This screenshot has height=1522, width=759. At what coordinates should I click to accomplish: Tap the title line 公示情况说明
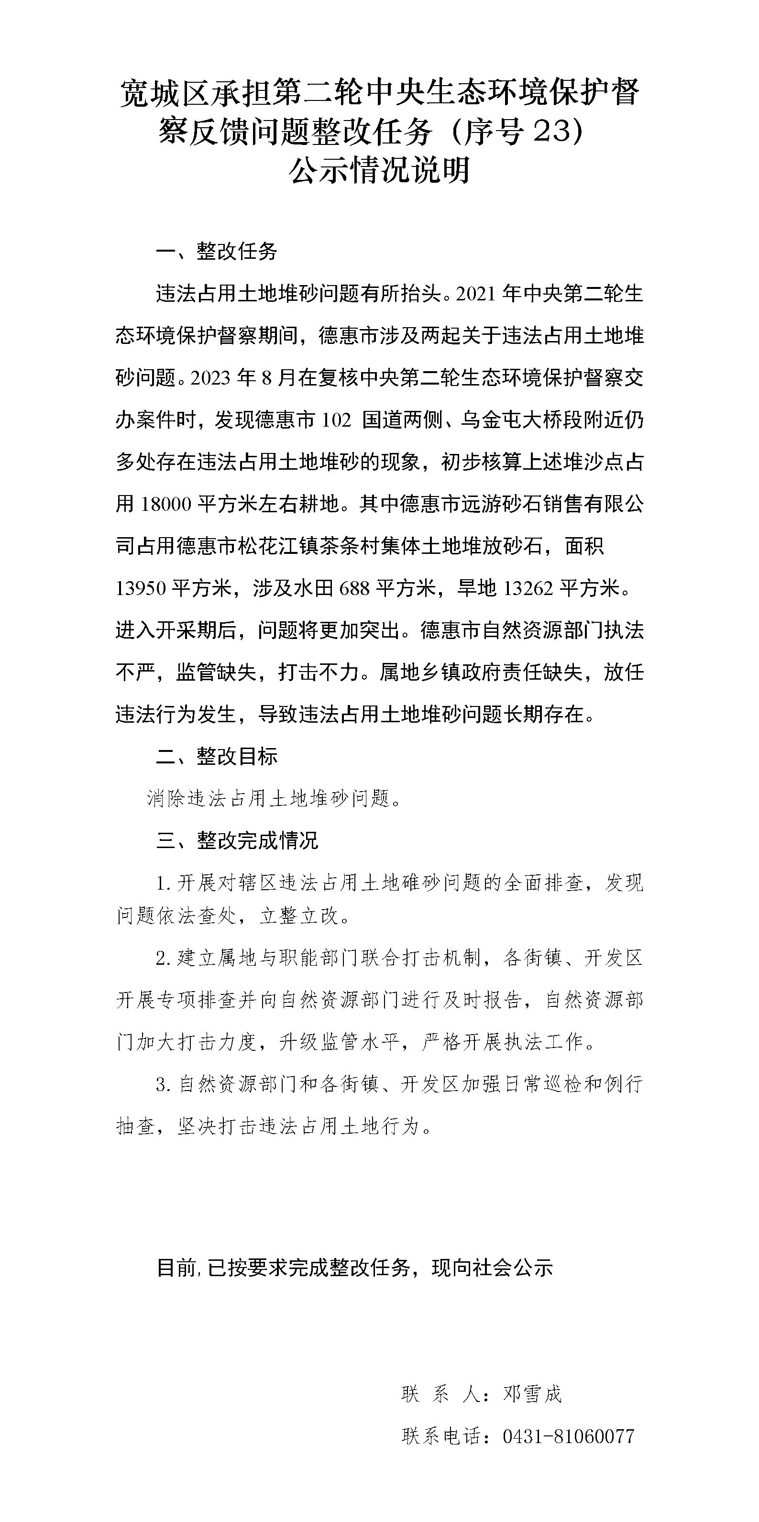point(379,171)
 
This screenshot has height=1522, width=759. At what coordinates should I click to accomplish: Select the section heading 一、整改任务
point(216,252)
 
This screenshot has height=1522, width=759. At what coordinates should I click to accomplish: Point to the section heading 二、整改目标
point(216,756)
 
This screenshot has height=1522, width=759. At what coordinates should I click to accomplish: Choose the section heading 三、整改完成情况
point(237,840)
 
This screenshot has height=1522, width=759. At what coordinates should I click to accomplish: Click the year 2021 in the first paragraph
point(475,294)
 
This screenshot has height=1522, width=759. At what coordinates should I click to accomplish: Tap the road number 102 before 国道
point(337,420)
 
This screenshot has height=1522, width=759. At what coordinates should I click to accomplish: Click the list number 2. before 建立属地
point(163,959)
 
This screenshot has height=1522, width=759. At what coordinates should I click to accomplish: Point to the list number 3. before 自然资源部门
point(163,1085)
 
